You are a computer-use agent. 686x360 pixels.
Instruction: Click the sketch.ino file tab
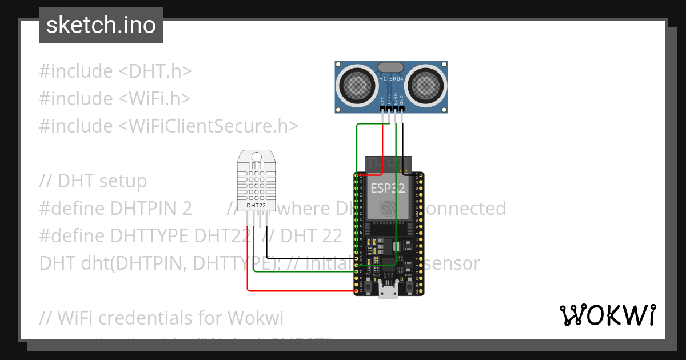tap(101, 25)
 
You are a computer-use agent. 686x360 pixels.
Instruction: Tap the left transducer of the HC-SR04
tap(357, 86)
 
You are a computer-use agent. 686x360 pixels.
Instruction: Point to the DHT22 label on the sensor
tap(256, 205)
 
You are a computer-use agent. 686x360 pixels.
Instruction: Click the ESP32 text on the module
tap(387, 188)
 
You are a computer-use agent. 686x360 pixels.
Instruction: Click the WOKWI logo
tap(607, 315)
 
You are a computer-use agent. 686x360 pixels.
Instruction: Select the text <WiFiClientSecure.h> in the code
tap(208, 126)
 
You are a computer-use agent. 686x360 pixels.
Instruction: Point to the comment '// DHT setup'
tap(93, 181)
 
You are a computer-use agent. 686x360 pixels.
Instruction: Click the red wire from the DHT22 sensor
tap(248, 269)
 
